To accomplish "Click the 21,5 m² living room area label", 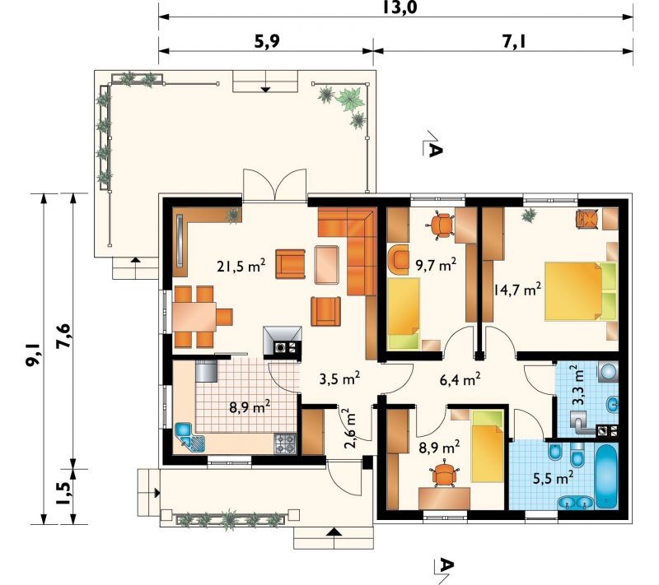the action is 241,266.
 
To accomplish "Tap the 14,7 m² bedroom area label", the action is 517,289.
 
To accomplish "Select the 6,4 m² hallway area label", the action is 460,379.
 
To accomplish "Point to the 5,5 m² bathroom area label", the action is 553,477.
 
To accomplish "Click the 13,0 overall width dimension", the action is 400,7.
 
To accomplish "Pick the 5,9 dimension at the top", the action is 266,41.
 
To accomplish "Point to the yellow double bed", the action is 581,291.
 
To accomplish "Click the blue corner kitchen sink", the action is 189,437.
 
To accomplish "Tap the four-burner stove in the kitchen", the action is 285,443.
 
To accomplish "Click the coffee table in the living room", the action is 326,264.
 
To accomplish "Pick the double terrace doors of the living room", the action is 275,184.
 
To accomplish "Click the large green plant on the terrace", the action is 350,99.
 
